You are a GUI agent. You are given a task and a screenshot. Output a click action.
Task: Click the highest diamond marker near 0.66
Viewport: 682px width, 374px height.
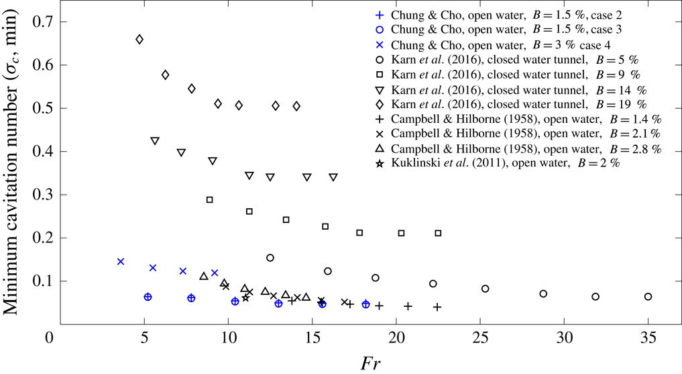click(x=139, y=40)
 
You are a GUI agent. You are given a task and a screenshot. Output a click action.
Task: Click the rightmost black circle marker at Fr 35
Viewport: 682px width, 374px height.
click(x=648, y=297)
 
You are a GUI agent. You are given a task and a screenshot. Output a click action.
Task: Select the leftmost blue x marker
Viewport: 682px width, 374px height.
click(x=121, y=261)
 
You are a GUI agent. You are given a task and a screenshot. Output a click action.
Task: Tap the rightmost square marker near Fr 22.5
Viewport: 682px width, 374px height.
click(x=438, y=233)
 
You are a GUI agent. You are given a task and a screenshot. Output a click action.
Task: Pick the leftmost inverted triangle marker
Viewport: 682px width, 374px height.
click(x=155, y=141)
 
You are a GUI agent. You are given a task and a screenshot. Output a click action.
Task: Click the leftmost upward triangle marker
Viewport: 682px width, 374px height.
click(x=204, y=276)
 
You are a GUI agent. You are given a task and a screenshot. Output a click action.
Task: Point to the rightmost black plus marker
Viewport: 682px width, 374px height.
click(x=437, y=307)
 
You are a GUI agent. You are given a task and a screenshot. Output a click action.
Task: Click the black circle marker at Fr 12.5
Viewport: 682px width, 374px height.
click(x=270, y=258)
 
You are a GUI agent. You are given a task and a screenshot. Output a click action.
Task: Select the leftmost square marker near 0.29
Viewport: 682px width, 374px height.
click(x=210, y=199)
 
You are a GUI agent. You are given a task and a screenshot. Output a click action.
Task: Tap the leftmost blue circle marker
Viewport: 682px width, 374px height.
click(x=148, y=297)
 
